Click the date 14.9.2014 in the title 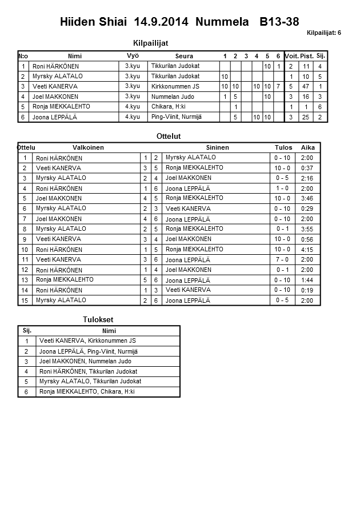pos(162,22)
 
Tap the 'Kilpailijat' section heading pos(150,43)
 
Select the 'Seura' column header pos(184,56)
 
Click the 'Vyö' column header pos(133,55)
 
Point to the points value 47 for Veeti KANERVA pos(306,86)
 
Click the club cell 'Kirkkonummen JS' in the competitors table pos(175,86)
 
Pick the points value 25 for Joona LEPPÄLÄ pos(306,117)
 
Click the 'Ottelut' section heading pos(168,137)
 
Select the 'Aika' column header pos(308,147)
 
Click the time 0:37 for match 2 pos(307,168)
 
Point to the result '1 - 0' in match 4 pos(282,189)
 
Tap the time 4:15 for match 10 pos(307,250)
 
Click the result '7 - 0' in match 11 pos(282,260)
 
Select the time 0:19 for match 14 pos(307,290)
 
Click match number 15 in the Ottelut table pos(25,300)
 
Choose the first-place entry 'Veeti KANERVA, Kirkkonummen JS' pos(87,340)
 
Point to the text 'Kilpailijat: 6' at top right pos(324,33)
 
